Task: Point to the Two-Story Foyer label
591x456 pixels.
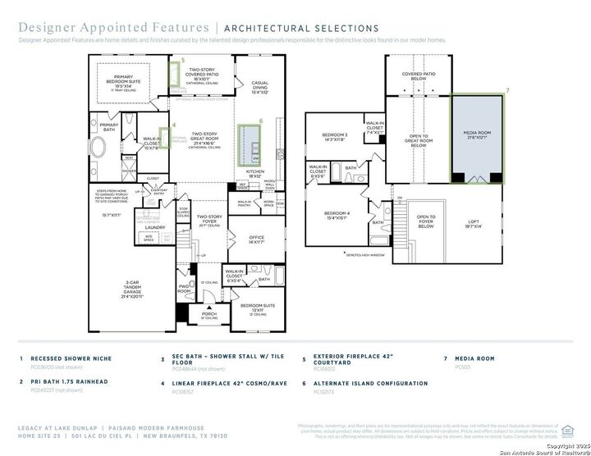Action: tap(209, 219)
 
